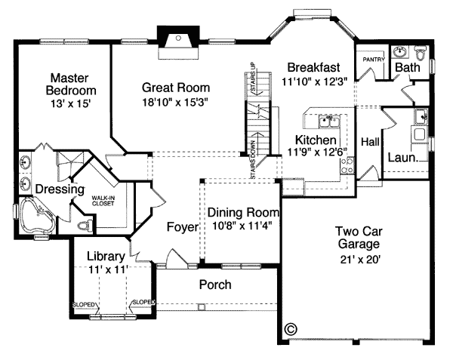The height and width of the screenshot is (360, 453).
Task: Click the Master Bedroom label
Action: tap(71, 84)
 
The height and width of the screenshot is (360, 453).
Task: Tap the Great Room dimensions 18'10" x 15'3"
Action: tap(175, 102)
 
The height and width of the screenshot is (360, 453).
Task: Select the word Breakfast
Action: tap(314, 68)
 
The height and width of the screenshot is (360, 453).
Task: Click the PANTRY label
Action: tap(374, 60)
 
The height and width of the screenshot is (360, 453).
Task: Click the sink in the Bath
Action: tap(400, 51)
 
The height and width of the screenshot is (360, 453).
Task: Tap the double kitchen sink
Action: tap(329, 121)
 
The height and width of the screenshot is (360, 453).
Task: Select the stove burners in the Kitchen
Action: tap(347, 165)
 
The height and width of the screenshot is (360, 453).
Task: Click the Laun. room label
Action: tap(403, 157)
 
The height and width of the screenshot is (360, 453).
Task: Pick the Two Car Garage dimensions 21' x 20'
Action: tap(359, 260)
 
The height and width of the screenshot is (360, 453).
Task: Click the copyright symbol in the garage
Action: tap(291, 328)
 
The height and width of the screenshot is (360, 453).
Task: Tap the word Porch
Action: tap(215, 285)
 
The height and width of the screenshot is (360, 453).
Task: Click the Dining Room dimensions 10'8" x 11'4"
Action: tap(242, 225)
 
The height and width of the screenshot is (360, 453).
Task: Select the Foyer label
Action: tap(183, 227)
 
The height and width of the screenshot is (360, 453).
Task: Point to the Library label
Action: tap(106, 257)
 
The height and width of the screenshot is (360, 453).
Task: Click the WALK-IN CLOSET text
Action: tap(103, 201)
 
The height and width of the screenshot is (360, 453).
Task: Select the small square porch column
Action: tap(202, 306)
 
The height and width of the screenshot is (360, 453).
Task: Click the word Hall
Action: tap(370, 142)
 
